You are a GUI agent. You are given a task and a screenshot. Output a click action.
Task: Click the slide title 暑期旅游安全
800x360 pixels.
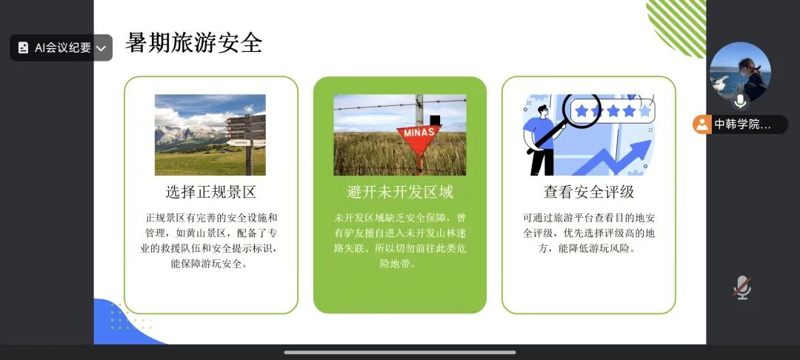(194, 43)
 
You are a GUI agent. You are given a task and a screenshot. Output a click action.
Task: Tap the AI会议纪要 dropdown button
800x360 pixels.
(61, 48)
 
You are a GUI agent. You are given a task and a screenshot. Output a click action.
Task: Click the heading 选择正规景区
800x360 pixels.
(210, 193)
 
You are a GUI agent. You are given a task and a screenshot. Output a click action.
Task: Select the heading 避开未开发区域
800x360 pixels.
(399, 193)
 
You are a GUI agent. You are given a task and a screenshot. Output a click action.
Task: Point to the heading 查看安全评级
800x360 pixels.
(589, 193)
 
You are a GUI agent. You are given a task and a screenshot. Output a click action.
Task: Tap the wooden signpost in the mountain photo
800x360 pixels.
(247, 135)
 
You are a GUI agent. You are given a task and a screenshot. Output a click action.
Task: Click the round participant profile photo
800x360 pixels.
(740, 72)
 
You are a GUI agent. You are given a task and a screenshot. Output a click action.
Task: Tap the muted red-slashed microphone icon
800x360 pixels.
(742, 288)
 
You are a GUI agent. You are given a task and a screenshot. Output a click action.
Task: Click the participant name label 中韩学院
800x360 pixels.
(742, 124)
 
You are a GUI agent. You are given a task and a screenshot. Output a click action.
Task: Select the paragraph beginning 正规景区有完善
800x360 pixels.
(210, 241)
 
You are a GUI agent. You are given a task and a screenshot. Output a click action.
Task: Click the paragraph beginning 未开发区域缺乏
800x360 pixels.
(399, 241)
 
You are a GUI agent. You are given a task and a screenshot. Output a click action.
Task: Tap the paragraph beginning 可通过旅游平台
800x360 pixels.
(589, 233)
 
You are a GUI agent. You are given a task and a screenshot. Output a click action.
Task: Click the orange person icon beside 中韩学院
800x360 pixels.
(702, 124)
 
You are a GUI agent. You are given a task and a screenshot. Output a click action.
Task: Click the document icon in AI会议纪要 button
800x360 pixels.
(23, 48)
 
